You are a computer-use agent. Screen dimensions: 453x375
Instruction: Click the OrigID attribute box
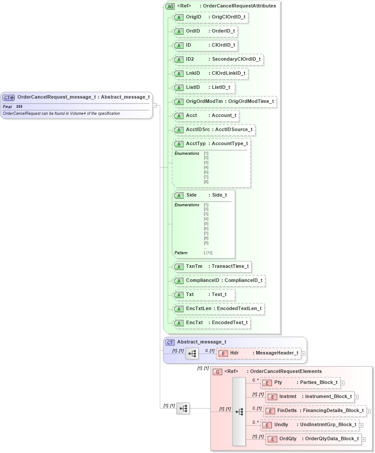click(210, 17)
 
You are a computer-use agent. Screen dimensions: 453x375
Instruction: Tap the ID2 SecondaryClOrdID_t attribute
click(218, 59)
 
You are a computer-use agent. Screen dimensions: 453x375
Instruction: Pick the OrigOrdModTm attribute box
click(224, 102)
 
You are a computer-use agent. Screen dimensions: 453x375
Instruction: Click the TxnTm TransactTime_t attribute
click(212, 267)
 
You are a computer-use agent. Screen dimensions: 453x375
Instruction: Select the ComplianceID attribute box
click(218, 281)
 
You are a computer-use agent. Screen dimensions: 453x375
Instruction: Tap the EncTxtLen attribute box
click(218, 309)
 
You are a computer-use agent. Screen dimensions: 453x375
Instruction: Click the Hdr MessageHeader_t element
click(258, 353)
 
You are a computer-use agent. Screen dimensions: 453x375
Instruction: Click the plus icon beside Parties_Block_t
click(342, 383)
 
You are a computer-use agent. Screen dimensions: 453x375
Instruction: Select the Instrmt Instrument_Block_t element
click(310, 397)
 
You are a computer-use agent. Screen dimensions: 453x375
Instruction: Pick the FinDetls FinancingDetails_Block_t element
click(315, 411)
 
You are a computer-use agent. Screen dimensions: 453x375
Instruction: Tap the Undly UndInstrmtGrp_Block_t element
click(309, 425)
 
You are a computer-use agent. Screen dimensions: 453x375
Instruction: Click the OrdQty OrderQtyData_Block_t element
click(313, 439)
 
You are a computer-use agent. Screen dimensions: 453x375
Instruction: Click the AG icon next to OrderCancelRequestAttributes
click(170, 6)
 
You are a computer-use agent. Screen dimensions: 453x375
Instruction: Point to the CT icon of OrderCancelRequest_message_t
click(9, 97)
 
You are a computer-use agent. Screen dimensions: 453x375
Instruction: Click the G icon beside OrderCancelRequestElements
click(217, 372)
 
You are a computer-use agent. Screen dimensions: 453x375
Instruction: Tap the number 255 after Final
click(19, 107)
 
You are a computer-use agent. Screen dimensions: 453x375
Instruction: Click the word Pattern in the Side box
click(181, 253)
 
